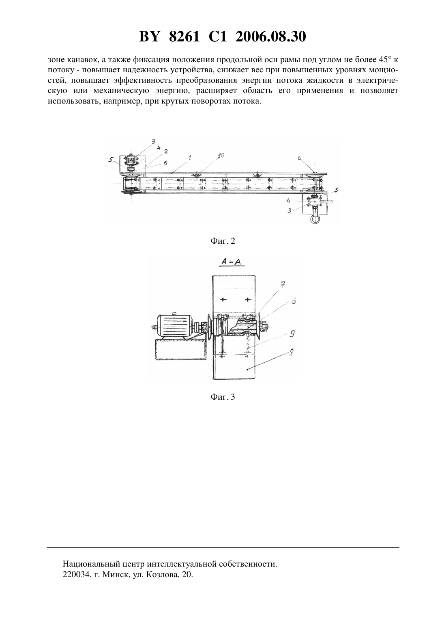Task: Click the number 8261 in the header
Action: [184, 37]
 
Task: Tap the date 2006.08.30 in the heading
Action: [270, 37]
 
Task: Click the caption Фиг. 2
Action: [223, 241]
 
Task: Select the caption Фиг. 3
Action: [223, 397]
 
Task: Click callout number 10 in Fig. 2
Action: [221, 156]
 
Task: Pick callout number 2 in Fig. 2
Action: [166, 152]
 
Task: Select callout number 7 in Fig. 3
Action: [283, 285]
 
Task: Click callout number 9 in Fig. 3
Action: [292, 334]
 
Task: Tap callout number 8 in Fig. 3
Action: [292, 352]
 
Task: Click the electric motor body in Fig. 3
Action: [174, 326]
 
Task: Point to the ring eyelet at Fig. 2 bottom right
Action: [315, 219]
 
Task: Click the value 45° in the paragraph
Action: [385, 60]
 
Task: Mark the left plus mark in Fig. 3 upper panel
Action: [223, 299]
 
